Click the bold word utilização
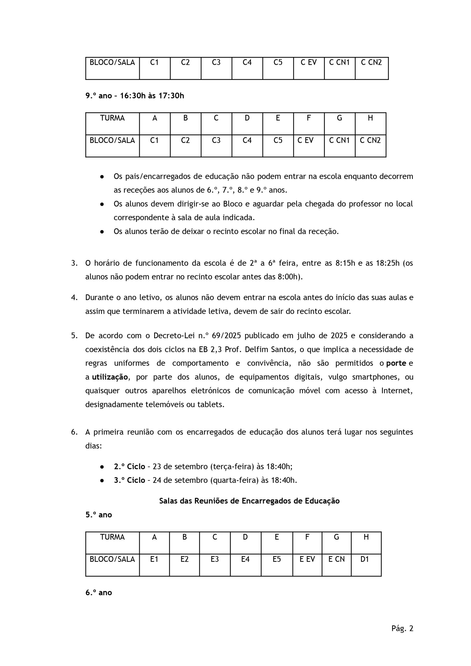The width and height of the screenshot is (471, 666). coord(110,377)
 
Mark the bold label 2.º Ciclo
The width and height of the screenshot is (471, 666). coord(129,467)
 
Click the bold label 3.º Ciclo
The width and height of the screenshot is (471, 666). coord(129,480)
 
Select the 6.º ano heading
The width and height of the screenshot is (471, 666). coord(99,593)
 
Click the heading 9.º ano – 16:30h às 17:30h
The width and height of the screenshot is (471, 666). coord(135,96)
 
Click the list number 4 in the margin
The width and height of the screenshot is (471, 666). coord(74,297)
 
